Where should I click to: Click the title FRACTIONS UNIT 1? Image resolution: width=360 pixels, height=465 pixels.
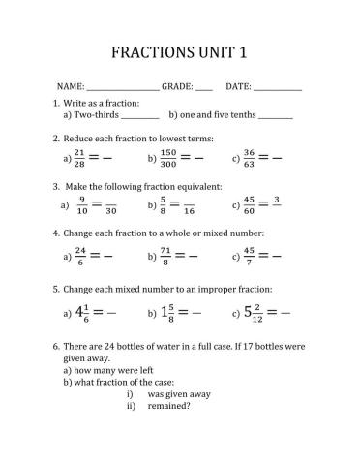(180, 50)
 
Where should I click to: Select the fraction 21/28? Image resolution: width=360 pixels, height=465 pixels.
(79, 157)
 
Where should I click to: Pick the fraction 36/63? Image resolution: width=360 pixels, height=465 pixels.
(249, 157)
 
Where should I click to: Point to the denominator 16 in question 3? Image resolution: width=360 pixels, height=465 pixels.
(189, 211)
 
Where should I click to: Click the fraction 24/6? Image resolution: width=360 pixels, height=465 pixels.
(80, 256)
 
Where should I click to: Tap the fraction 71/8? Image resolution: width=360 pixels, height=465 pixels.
(165, 256)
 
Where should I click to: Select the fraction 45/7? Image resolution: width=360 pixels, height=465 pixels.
(249, 256)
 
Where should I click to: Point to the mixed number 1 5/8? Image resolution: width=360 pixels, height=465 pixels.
(168, 313)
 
